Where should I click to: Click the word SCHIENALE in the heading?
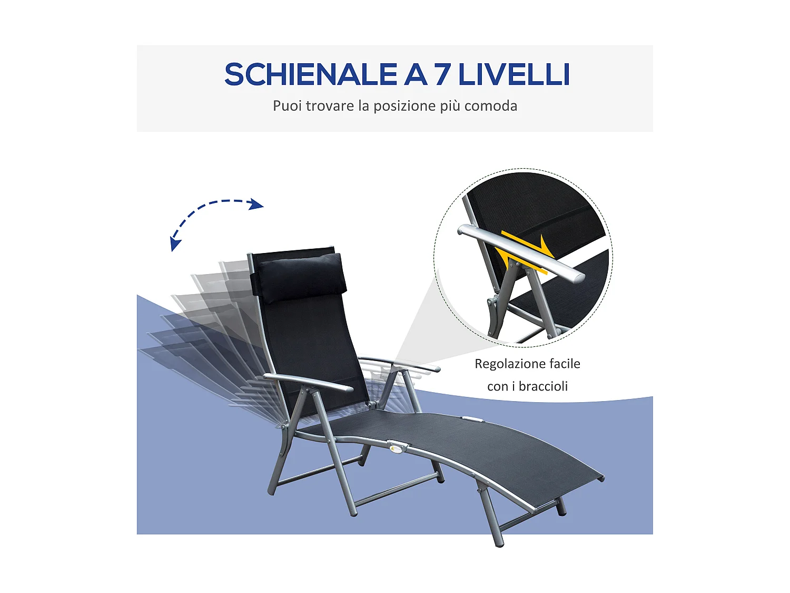[311, 74]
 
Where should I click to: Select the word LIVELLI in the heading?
[514, 74]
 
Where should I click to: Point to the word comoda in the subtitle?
[491, 106]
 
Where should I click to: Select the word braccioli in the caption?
[543, 386]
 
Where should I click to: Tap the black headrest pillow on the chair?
[300, 277]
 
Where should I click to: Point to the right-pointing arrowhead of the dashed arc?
[257, 204]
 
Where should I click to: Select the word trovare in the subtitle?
[330, 106]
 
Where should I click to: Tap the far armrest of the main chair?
[400, 364]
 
